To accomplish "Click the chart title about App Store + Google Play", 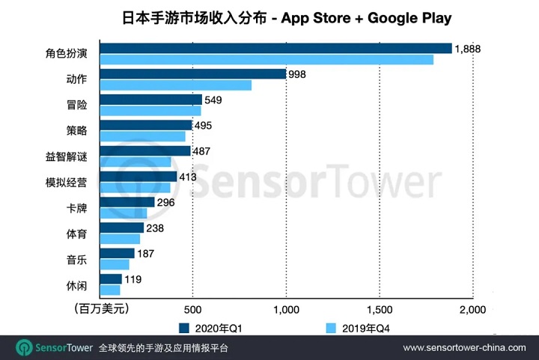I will (270, 16).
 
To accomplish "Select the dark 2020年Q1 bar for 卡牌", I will (127, 202).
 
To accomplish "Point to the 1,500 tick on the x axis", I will (380, 309).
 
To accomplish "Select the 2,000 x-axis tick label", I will (472, 309).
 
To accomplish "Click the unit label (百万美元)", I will (103, 308).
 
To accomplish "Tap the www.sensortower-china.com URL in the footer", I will (464, 349).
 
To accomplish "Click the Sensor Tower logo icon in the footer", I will (25, 348).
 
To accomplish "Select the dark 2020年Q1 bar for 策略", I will (145, 125).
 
